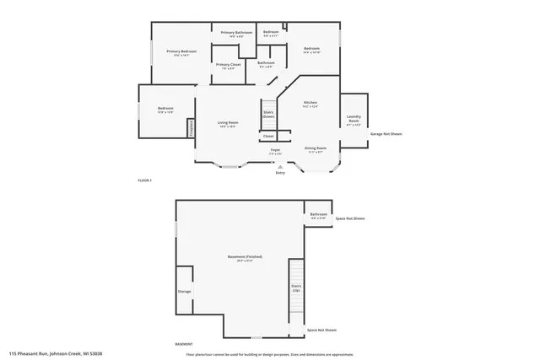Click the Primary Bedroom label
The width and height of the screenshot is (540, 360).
coord(181,52)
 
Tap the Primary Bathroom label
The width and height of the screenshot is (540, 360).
coord(236,33)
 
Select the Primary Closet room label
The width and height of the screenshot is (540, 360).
coord(228,65)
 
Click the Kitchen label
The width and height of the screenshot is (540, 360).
coord(310,103)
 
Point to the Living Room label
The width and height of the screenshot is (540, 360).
coord(228,123)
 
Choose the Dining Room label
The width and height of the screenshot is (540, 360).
coord(316,148)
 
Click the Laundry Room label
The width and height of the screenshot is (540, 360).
coord(354,121)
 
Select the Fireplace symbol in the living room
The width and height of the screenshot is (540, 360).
coord(192,127)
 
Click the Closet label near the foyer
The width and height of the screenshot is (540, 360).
coord(268,135)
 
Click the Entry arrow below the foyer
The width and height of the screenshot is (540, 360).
coord(280,167)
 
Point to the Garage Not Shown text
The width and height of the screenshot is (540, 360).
coord(384,133)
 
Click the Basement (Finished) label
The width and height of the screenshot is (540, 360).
coord(240,257)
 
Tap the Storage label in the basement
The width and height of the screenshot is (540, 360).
coord(184,292)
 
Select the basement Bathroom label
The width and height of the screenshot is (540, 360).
coord(318,215)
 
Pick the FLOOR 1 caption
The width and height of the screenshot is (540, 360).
coord(144,180)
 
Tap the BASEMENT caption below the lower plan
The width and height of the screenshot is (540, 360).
coord(183,343)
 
